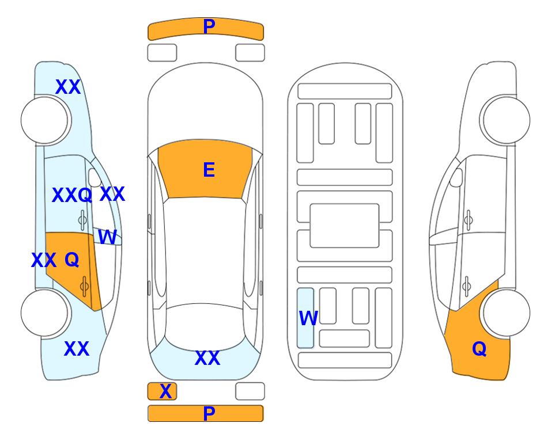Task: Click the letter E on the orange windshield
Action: (209, 170)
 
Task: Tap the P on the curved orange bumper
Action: (209, 26)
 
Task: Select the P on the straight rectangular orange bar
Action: (209, 413)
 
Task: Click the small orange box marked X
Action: (162, 391)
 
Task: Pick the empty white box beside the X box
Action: (250, 391)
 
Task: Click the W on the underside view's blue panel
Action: (308, 318)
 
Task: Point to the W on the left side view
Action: (107, 237)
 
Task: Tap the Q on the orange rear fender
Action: (480, 349)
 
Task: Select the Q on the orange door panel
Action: (72, 260)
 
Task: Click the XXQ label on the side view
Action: (72, 195)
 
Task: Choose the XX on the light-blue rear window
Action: (207, 358)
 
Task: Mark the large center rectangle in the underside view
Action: (345, 226)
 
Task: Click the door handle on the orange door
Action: (84, 287)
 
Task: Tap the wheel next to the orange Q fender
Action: (506, 313)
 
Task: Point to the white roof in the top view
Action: (205, 252)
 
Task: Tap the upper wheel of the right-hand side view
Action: (506, 120)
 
